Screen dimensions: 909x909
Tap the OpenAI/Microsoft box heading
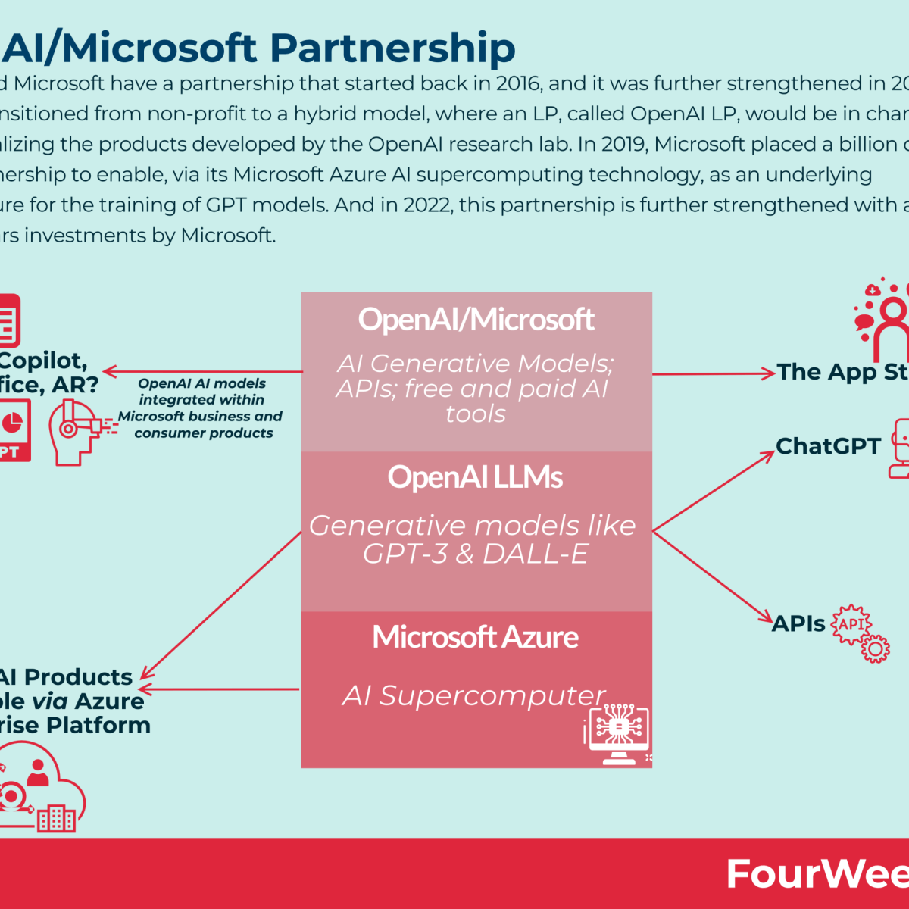pyautogui.click(x=476, y=320)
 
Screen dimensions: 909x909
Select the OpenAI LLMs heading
pyautogui.click(x=475, y=477)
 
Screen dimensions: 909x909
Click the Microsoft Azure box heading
pyautogui.click(x=475, y=637)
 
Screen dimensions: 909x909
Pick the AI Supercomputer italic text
pyautogui.click(x=473, y=695)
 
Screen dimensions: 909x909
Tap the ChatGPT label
pyautogui.click(x=828, y=446)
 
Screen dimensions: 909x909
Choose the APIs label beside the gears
pyautogui.click(x=798, y=623)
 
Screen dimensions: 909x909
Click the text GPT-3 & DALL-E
pyautogui.click(x=475, y=554)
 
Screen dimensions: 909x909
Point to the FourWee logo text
pyautogui.click(x=817, y=874)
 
